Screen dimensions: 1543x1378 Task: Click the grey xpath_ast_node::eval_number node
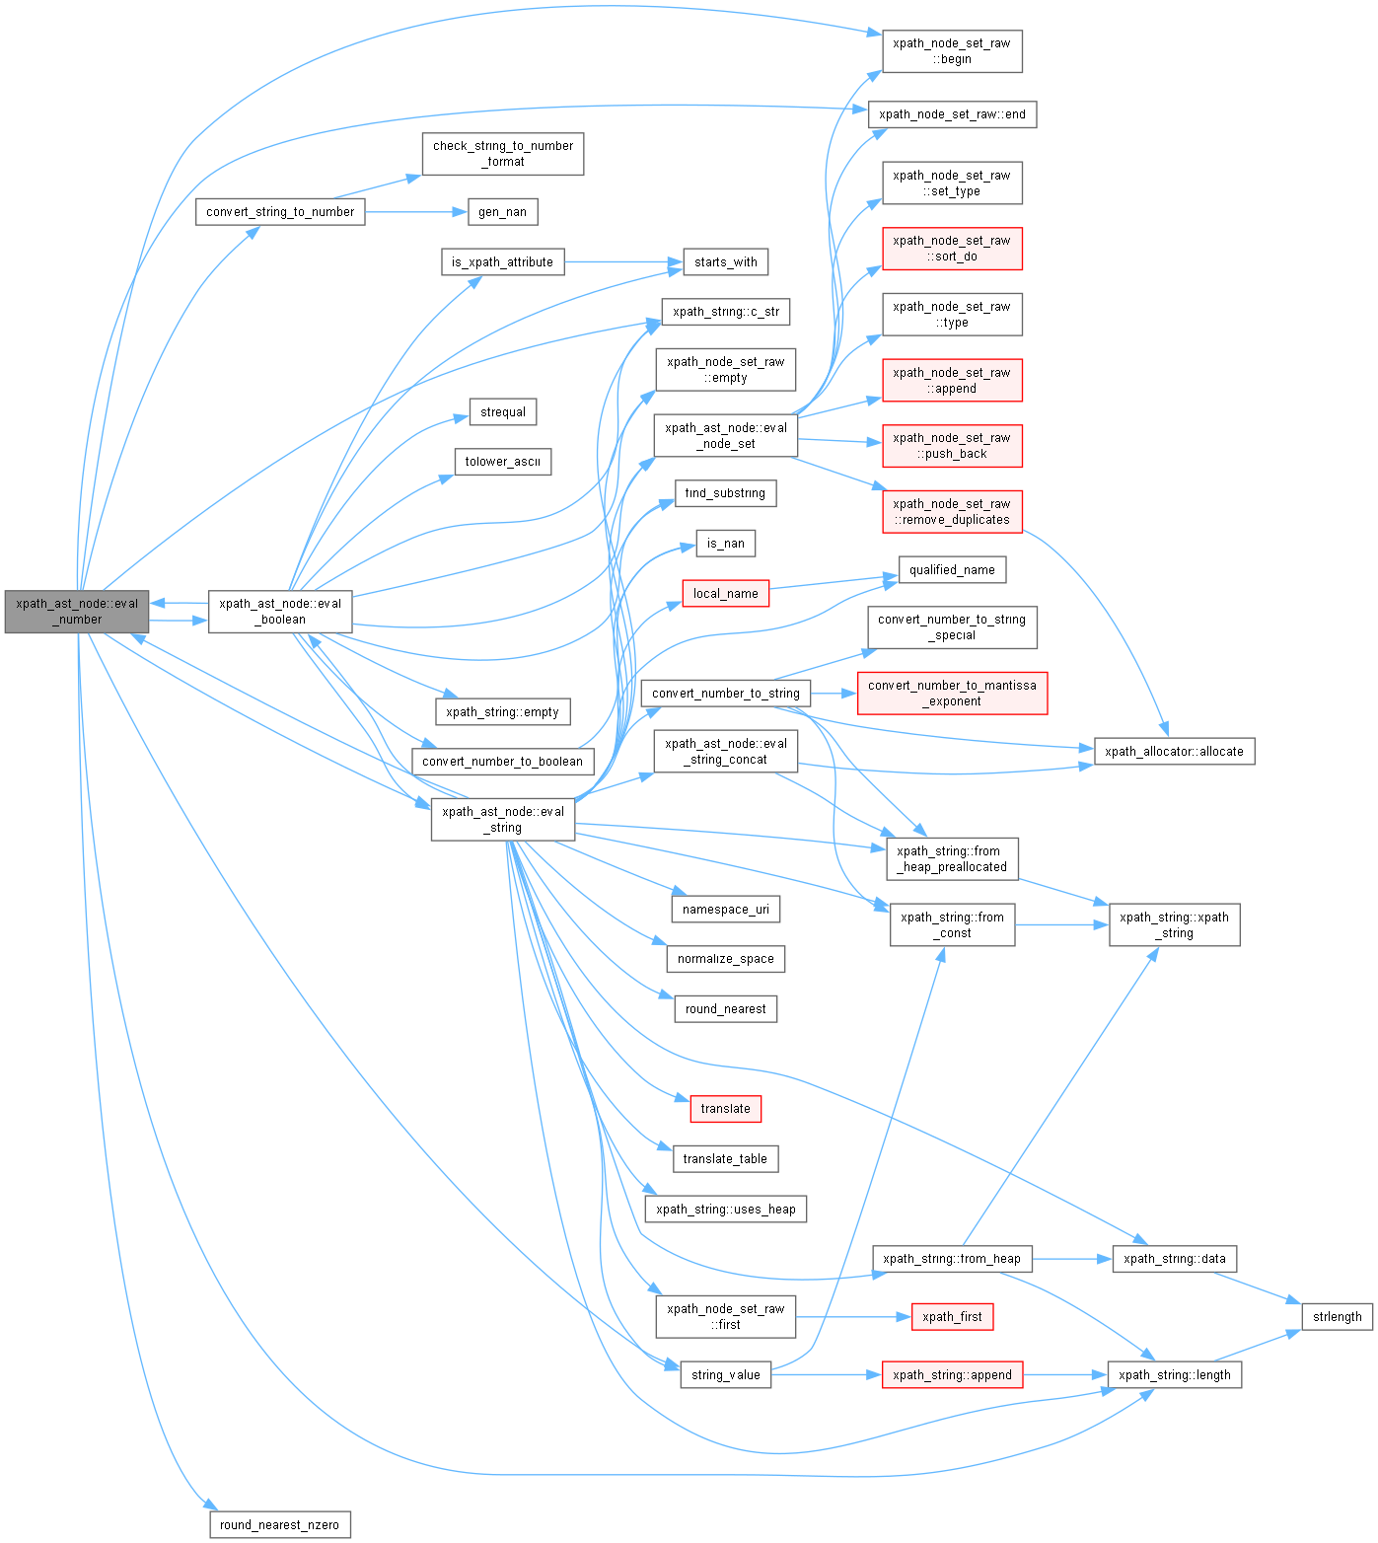click(x=77, y=612)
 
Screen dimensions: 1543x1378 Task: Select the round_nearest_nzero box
click(x=280, y=1524)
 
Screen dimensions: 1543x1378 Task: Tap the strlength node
click(x=1337, y=1316)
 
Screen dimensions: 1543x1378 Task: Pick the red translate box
click(x=725, y=1109)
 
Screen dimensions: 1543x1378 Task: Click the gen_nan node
click(x=502, y=212)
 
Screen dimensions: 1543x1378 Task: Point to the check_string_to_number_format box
click(x=503, y=154)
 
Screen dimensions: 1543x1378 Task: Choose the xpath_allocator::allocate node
click(x=1174, y=752)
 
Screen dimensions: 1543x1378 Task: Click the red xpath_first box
click(x=952, y=1316)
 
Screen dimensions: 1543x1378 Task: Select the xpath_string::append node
click(x=952, y=1374)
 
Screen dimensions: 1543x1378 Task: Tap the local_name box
click(x=725, y=593)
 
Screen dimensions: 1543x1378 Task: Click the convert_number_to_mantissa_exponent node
click(x=952, y=694)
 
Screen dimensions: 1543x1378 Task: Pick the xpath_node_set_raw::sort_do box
click(x=952, y=249)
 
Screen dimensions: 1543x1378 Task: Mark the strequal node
click(x=503, y=412)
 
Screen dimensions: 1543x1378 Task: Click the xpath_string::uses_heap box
click(x=725, y=1209)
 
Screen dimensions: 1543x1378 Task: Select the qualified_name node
click(x=952, y=569)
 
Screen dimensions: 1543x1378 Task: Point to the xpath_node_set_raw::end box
click(x=952, y=114)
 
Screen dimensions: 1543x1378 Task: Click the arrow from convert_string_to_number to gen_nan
click(x=414, y=212)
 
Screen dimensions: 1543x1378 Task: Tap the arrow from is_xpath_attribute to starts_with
click(x=623, y=262)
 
